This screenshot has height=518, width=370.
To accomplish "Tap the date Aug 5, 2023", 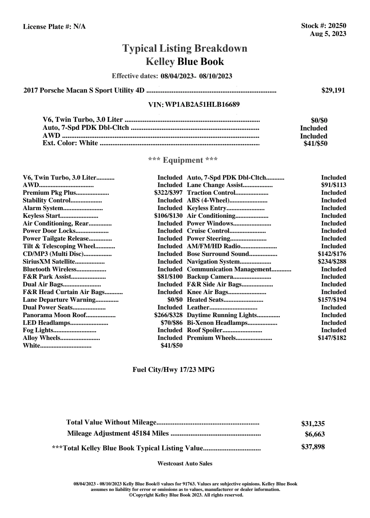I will coord(328,34).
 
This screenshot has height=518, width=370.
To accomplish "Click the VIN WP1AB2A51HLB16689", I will coord(202,105).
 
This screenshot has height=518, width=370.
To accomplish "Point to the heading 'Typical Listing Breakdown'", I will coord(185,49).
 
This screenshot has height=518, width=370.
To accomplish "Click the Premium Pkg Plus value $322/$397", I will coord(168,193).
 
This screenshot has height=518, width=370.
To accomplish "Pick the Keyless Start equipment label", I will coord(42,216).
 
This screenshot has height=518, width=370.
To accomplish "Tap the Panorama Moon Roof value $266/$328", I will coord(168,315).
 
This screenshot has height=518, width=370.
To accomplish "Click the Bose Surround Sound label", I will coord(218,254).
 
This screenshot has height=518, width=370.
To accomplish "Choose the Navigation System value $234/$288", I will coord(332,262).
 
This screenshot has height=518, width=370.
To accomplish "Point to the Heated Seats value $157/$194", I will coord(332,300).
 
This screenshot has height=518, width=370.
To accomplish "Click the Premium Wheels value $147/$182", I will coord(332,338).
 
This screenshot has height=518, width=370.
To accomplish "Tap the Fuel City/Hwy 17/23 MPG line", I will coord(173,370).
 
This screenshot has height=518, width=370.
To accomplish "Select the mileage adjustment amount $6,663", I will coord(315,435).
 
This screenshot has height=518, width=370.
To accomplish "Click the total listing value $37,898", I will coord(313,447).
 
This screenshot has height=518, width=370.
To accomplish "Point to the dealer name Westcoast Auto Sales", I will coord(185,464).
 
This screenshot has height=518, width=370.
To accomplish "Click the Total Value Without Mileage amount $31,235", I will coord(313,424).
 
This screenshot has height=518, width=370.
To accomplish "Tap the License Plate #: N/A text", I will coord(54,27).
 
